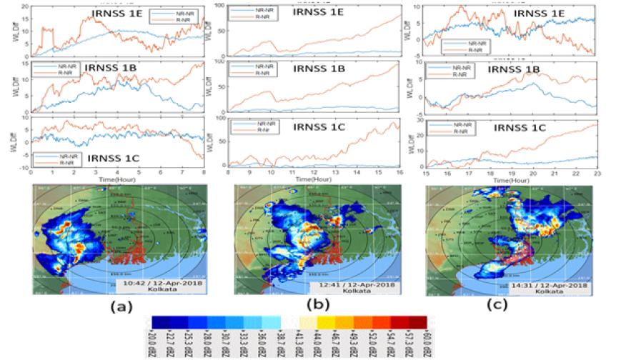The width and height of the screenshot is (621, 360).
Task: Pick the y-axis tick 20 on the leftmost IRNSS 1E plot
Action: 25,6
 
